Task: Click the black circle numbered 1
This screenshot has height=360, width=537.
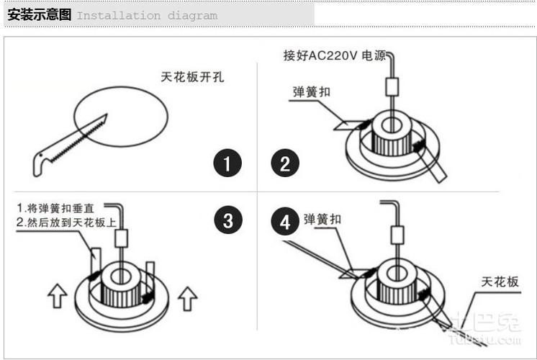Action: click(227, 164)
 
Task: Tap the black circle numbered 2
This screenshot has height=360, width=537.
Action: click(285, 164)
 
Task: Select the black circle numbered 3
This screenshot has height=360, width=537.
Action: click(227, 221)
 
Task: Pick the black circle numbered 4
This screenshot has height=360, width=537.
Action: click(285, 222)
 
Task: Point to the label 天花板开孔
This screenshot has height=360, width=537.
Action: click(192, 77)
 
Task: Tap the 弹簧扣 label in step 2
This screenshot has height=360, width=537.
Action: click(312, 91)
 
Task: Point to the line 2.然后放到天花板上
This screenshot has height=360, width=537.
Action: click(66, 222)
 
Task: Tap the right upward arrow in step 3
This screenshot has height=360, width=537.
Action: click(187, 296)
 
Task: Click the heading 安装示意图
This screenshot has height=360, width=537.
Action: click(39, 15)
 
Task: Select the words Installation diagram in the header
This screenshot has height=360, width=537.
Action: click(147, 15)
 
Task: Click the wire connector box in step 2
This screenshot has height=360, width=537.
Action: click(392, 86)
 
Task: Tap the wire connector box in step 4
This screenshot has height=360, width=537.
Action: click(395, 235)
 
